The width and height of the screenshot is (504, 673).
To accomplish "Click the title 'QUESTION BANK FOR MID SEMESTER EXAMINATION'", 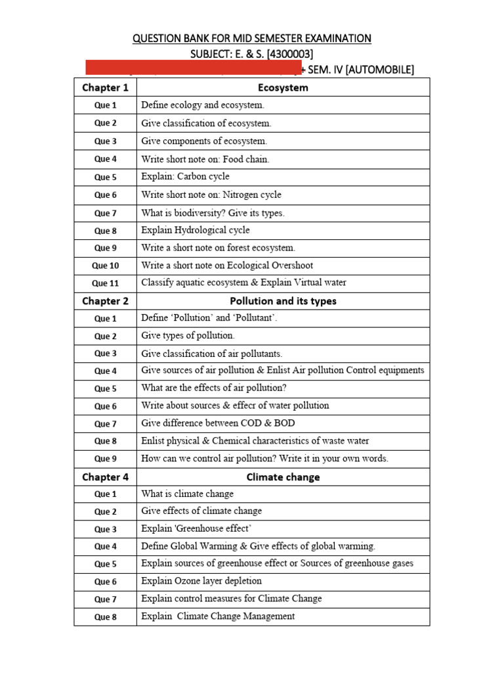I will click(x=252, y=39).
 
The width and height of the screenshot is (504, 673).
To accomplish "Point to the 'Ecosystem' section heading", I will click(x=283, y=87).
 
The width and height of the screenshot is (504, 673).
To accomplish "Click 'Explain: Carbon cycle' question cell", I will click(x=186, y=177).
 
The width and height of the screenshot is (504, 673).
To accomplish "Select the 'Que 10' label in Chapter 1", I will click(x=105, y=266).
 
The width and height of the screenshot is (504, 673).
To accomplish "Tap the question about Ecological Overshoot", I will click(x=227, y=266).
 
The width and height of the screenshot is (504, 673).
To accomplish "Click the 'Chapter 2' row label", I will click(x=105, y=301).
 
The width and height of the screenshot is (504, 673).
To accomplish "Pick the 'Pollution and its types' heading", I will click(x=283, y=301).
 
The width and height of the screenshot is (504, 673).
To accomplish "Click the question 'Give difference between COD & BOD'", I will click(x=213, y=423).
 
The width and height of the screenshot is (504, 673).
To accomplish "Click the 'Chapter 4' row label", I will click(x=105, y=477).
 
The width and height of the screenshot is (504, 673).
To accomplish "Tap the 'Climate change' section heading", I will click(x=283, y=477).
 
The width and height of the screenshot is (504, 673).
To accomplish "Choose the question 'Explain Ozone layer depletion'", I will click(x=201, y=581).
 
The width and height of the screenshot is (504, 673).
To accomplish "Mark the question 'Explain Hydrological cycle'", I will click(x=196, y=230).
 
